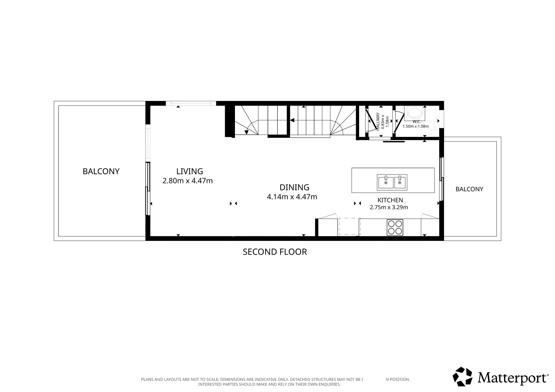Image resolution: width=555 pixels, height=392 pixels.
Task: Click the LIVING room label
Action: click(189, 171)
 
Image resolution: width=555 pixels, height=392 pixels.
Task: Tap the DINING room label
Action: click(294, 187)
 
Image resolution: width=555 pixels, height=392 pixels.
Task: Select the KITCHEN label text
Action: click(390, 200)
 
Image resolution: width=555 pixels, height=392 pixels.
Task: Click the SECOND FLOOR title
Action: click(275, 252)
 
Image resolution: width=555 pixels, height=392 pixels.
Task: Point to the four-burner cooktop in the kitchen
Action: click(395, 228)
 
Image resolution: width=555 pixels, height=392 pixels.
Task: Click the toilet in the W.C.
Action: click(415, 113)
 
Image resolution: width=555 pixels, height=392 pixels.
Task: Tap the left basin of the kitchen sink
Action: click(386, 182)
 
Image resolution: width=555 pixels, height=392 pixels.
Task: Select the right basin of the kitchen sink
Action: click(400, 182)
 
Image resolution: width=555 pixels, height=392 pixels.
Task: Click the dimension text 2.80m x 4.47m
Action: click(188, 181)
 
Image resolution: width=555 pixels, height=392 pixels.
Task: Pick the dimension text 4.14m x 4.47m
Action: click(292, 197)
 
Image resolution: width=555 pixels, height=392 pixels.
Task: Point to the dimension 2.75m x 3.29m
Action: click(389, 207)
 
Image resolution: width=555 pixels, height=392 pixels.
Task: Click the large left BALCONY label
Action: click(101, 171)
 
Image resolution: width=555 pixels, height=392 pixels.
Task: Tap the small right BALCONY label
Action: click(469, 189)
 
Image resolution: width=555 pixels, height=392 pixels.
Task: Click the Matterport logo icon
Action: click(462, 377)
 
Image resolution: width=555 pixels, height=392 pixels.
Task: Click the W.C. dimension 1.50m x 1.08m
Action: click(416, 126)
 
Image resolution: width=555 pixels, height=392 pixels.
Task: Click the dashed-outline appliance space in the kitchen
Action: click(350, 227)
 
